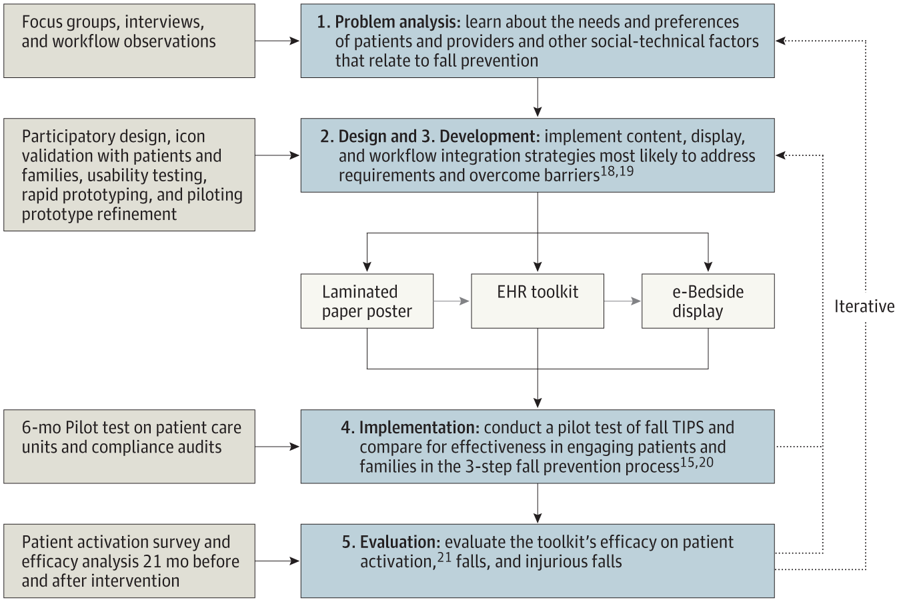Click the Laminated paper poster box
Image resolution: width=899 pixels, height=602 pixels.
367,301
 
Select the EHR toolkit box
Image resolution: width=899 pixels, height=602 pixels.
538,301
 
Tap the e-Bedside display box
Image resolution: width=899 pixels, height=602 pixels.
708,301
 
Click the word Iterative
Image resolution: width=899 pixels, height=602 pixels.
864,307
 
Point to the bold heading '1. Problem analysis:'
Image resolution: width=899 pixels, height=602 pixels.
389,22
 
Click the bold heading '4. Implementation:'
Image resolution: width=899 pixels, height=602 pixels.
409,427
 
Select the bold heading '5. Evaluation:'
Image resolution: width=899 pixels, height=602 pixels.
391,542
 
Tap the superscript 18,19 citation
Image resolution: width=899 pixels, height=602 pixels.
617,172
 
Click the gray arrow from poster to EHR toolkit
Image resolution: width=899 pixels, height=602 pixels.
452,301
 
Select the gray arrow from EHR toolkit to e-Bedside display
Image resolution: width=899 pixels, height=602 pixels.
623,301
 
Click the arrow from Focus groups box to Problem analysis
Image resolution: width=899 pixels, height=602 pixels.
277,41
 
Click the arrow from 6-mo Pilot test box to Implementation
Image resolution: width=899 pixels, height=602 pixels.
277,447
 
